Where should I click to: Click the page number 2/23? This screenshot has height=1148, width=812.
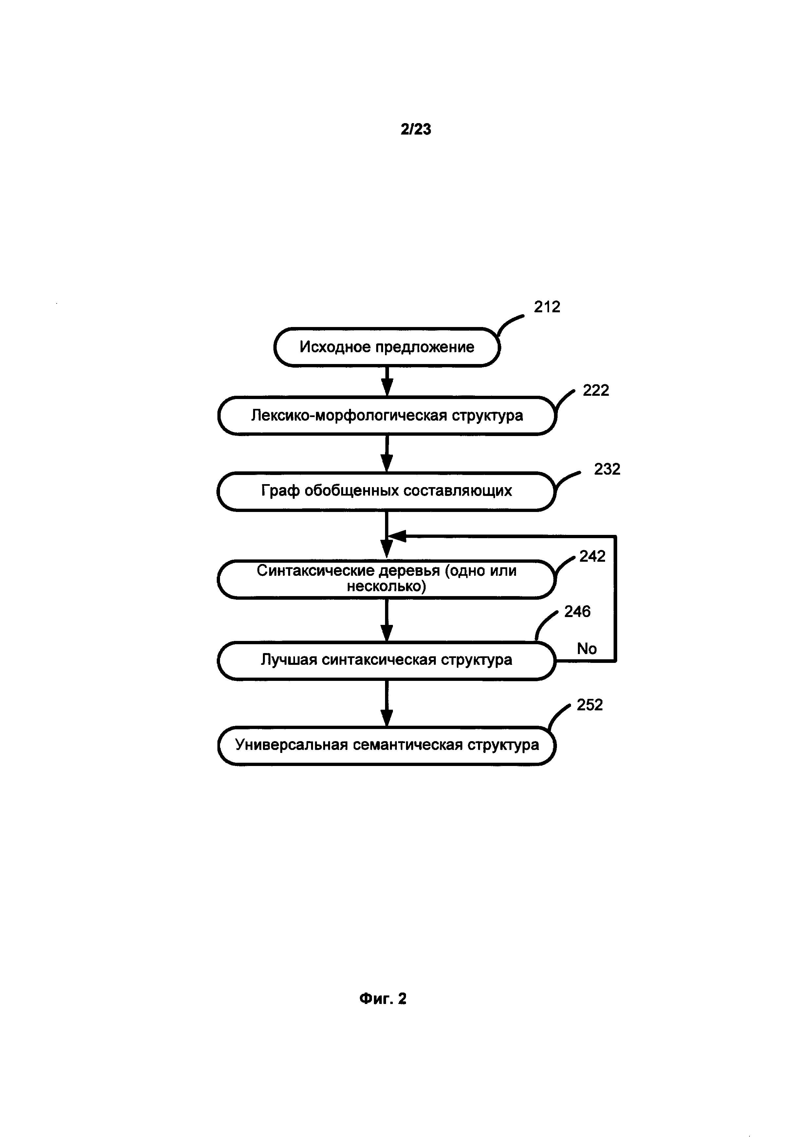415,130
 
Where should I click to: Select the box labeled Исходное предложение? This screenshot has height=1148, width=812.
386,347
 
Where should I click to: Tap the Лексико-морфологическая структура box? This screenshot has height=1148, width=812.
386,415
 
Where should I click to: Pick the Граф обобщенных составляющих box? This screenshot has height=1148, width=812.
386,491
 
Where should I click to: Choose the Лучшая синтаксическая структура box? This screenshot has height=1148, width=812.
386,660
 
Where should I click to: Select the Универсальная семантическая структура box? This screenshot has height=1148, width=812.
386,745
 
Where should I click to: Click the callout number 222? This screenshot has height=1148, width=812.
596,391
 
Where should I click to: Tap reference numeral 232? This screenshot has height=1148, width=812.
607,469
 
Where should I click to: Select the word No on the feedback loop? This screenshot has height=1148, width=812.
586,648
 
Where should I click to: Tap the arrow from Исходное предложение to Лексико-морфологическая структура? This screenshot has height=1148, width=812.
386,381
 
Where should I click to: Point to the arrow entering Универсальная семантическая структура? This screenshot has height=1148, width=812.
386,702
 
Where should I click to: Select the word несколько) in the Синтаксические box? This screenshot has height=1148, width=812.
386,586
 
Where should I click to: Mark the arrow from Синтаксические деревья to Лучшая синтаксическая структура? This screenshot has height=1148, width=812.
386,620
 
